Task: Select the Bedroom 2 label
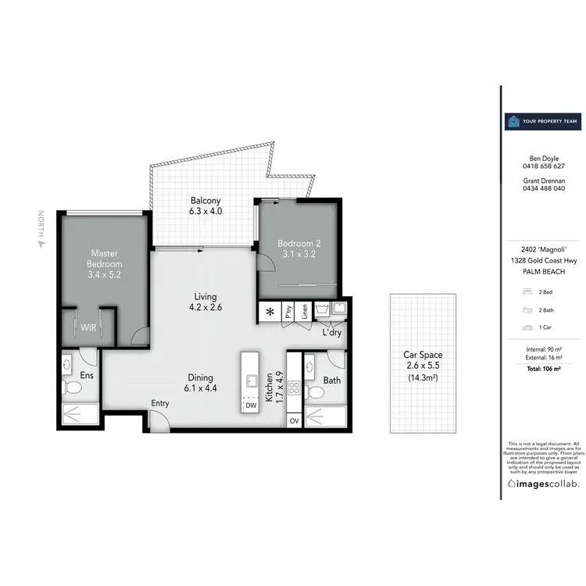point(299,248)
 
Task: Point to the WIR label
point(89,327)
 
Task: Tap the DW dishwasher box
point(251,406)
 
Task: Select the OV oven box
point(294,421)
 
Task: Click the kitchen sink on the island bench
point(252,381)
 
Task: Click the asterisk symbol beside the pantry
point(270,312)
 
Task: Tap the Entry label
point(160,403)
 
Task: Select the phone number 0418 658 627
point(543,166)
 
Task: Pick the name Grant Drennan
point(543,180)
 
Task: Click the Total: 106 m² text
point(543,366)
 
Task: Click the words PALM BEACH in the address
point(543,271)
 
